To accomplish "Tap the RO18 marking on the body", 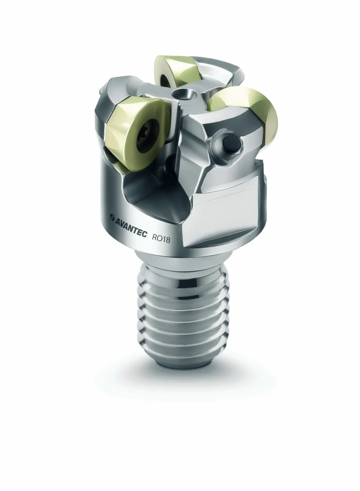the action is (x=161, y=238).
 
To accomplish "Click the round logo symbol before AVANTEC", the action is (x=112, y=217).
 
